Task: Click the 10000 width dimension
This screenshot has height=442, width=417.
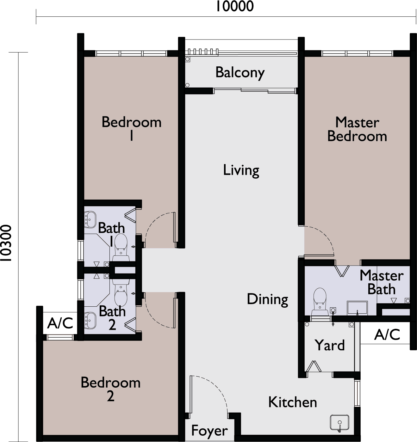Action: click(235, 6)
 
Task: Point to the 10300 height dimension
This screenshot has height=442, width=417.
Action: click(6, 243)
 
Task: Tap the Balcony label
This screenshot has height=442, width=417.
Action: click(240, 73)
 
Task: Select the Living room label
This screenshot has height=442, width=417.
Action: click(241, 171)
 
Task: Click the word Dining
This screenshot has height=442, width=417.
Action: click(268, 300)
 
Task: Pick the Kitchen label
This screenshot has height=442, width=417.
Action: click(292, 402)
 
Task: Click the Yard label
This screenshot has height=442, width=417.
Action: click(330, 346)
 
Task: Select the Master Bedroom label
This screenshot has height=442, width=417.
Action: click(357, 129)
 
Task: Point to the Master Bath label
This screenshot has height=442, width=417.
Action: click(382, 282)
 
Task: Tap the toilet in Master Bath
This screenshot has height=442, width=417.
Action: click(320, 301)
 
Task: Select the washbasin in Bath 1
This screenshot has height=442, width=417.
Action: click(90, 219)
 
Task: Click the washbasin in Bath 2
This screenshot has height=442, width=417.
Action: click(90, 321)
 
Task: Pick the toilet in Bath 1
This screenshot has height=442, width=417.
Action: click(121, 247)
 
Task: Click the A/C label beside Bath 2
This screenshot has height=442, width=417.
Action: click(60, 323)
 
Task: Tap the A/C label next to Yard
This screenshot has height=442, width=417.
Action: click(387, 335)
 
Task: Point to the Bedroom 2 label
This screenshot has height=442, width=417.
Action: click(111, 389)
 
